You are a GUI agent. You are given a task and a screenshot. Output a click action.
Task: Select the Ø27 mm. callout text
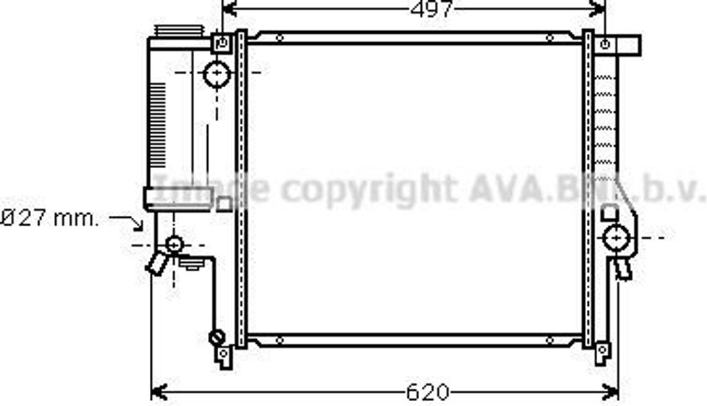coord(50,219)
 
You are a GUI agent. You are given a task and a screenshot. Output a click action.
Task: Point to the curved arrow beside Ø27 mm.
coord(129,221)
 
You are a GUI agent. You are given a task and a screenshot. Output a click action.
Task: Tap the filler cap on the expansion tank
coord(179,33)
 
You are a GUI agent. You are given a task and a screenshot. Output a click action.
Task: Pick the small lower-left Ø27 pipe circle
coord(175,243)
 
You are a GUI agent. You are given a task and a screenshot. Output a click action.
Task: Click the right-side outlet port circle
coord(614,238)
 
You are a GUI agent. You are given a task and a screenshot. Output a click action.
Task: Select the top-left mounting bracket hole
coord(222,43)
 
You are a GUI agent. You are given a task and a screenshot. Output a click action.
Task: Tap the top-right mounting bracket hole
coord(605,44)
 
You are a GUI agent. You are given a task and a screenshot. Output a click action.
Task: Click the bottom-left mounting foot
coord(223,356)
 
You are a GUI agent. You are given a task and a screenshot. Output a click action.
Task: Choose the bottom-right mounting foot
coord(602,353)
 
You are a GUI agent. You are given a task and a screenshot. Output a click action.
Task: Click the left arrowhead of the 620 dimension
coord(158,392)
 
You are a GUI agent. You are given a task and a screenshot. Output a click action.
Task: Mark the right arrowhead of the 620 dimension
coord(611,392)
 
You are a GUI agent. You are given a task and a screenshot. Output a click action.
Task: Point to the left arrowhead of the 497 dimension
coord(229,9)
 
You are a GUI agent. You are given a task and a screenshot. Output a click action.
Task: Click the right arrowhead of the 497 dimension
coord(598,9)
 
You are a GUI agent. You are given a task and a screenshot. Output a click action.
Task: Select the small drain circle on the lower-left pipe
coord(216,338)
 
